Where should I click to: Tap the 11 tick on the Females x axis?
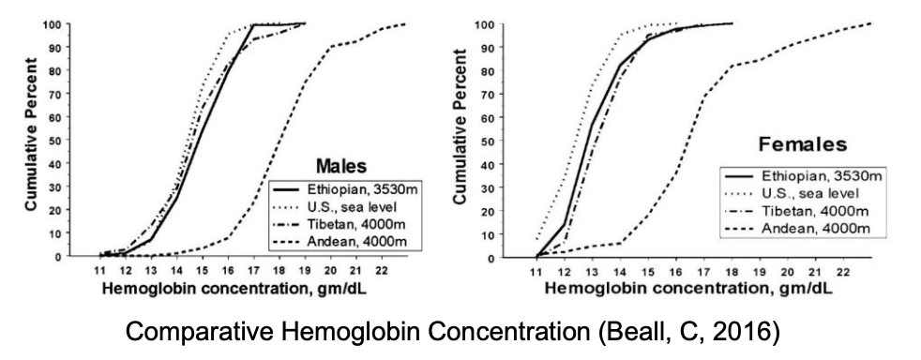coord(536,271)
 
